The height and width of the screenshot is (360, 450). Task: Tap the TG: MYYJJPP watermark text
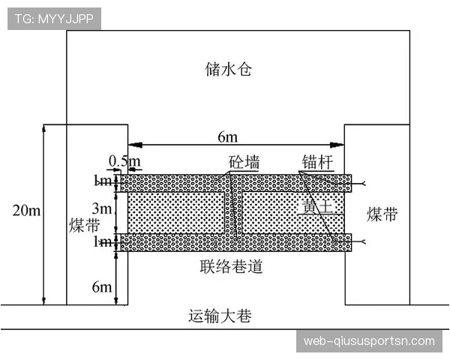click(x=53, y=19)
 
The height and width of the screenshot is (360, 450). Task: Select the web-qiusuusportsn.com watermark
click(x=369, y=341)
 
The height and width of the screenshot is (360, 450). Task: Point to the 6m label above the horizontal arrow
click(x=228, y=136)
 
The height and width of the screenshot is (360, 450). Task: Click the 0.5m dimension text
click(x=124, y=161)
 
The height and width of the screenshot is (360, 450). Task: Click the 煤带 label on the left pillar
click(x=84, y=225)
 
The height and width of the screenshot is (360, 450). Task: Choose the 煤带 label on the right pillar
click(x=382, y=215)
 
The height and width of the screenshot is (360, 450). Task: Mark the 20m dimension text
click(x=26, y=211)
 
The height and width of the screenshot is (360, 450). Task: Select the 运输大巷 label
click(x=219, y=316)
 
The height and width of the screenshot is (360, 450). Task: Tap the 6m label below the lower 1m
click(x=102, y=286)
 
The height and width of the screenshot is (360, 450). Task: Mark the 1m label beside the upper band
click(x=102, y=181)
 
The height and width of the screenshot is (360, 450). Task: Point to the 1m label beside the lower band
click(x=102, y=242)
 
